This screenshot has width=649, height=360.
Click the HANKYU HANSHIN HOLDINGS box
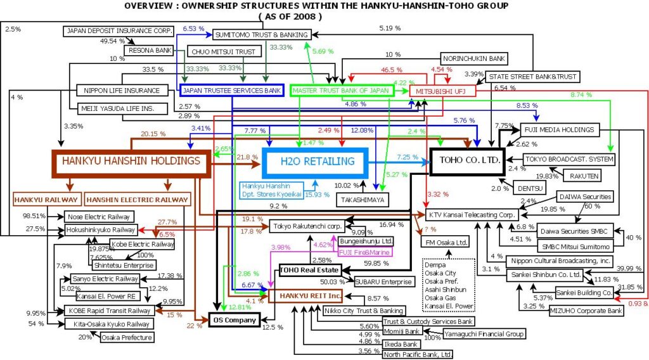pyautogui.click(x=131, y=161)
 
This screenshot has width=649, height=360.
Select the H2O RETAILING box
pyautogui.click(x=318, y=162)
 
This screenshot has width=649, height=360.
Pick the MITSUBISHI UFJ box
pyautogui.click(x=442, y=91)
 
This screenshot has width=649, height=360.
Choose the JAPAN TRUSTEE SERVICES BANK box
pyautogui.click(x=231, y=91)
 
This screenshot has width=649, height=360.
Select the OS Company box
pyautogui.click(x=234, y=320)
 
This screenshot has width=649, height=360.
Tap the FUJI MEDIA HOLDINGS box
pyautogui.click(x=558, y=130)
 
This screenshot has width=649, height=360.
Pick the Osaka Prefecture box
pyautogui.click(x=127, y=338)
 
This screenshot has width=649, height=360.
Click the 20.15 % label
pyautogui.click(x=153, y=134)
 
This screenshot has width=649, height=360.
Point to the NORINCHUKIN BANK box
pyautogui.click(x=473, y=58)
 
